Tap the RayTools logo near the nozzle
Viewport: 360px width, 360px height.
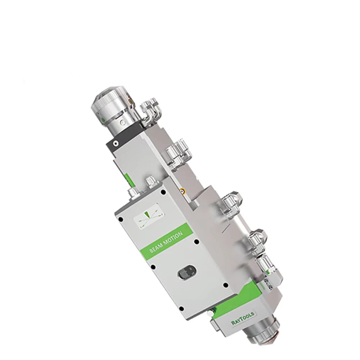[x=243, y=319]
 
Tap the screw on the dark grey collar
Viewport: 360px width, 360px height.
[x=115, y=143]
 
